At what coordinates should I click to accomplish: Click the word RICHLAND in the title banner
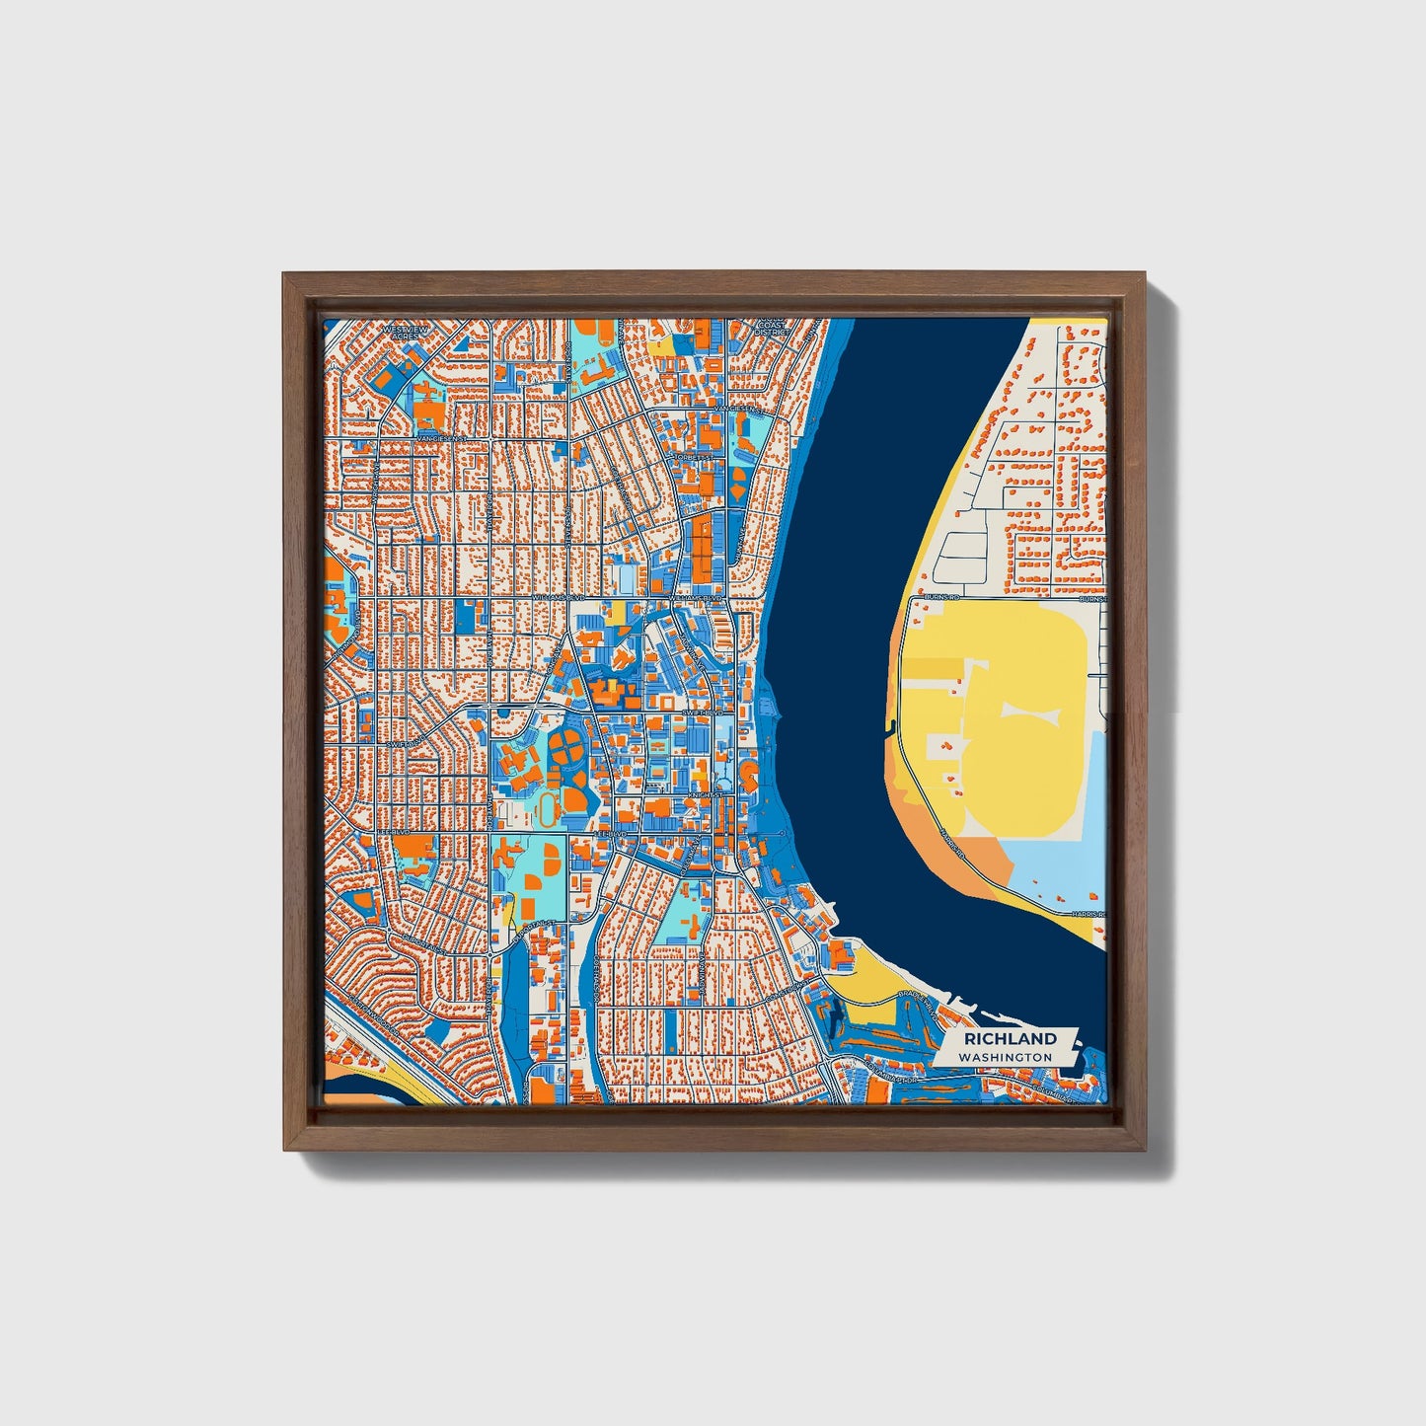pyautogui.click(x=1011, y=1038)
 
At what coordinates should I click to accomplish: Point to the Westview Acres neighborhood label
pyautogui.click(x=403, y=333)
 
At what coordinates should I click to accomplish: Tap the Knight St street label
pyautogui.click(x=706, y=793)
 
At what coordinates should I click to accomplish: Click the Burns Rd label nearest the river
pyautogui.click(x=940, y=598)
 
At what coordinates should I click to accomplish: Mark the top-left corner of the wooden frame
pyautogui.click(x=284, y=274)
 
